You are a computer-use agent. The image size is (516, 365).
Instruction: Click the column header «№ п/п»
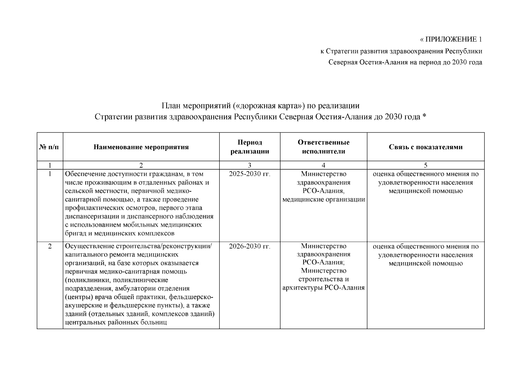tap(49, 147)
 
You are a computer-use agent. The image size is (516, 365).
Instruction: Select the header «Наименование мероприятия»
tap(141, 147)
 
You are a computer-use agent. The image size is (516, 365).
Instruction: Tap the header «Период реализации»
tap(249, 147)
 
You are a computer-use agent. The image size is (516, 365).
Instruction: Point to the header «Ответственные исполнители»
tap(323, 147)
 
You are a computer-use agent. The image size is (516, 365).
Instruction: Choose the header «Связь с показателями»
tap(425, 147)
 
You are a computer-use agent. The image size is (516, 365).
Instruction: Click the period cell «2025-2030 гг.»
tap(249, 174)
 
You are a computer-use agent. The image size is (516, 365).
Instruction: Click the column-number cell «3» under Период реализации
tap(249, 165)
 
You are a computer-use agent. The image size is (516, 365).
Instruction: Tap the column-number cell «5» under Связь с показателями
tap(425, 165)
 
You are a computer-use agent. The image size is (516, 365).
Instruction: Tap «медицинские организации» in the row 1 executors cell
tap(324, 200)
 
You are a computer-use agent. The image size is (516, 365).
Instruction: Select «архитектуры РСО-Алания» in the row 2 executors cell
tap(324, 288)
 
